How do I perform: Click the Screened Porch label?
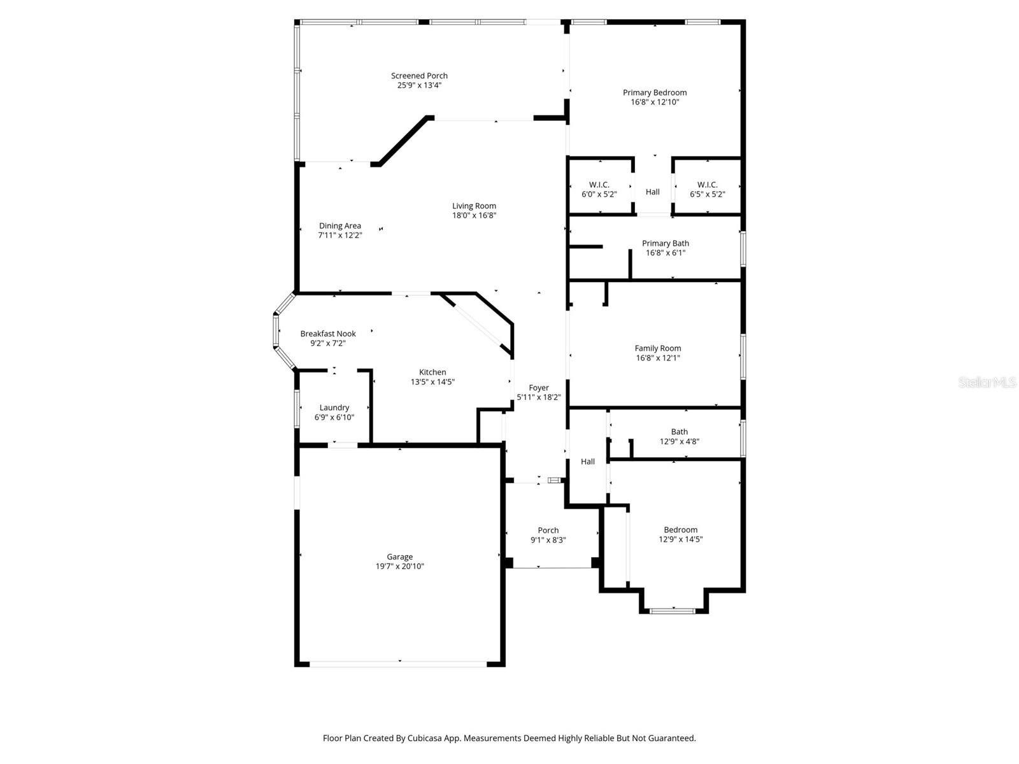coord(419,76)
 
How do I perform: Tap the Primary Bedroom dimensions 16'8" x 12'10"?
coord(655,102)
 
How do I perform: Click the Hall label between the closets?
coord(653,192)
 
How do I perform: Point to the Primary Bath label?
coord(665,243)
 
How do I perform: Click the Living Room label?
coord(474,206)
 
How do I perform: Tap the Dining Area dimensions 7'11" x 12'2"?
coord(339,235)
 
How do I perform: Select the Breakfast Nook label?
coord(328,334)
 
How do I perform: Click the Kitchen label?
coord(432,372)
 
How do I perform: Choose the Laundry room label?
coord(334,407)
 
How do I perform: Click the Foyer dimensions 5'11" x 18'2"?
coord(539,397)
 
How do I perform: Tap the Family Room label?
coord(658,348)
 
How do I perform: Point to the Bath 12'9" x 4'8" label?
coord(679,432)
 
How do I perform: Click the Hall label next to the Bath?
coord(588,462)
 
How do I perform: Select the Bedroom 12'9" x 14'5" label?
coord(680,530)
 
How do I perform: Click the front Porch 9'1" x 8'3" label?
coord(548,530)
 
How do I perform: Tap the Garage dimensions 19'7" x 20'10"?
coord(400,566)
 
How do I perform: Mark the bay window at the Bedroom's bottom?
coord(673,611)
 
